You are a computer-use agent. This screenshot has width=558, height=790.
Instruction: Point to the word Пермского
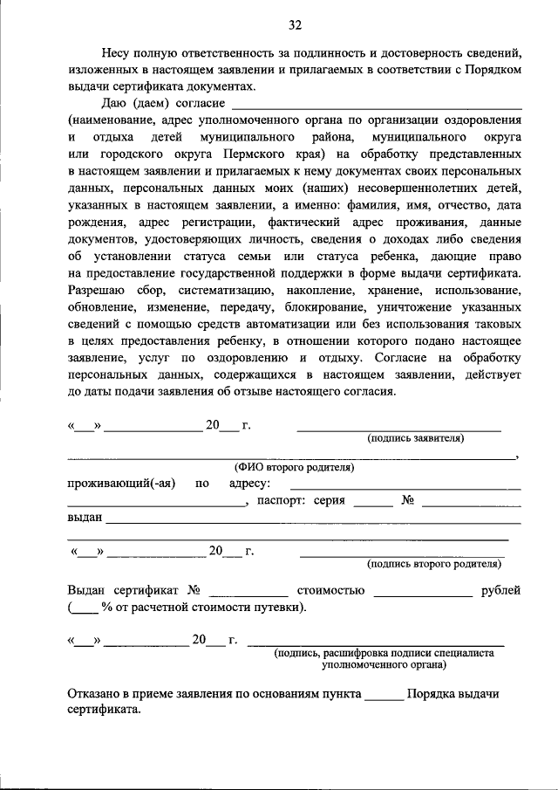coord(210,154)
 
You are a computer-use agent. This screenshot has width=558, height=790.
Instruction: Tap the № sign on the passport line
coord(406,501)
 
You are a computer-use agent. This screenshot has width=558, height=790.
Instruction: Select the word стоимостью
coord(330,591)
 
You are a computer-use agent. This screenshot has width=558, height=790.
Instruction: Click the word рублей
coord(501,591)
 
